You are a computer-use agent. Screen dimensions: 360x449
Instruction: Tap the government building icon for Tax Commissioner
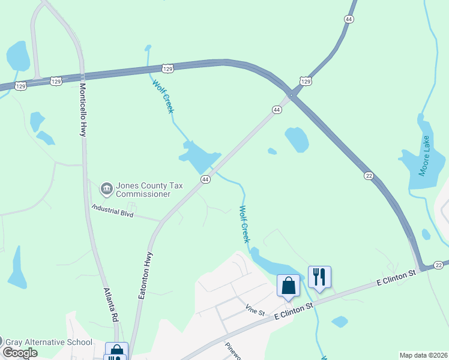[106, 189]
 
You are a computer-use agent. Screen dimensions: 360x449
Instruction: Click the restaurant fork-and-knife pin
[319, 277]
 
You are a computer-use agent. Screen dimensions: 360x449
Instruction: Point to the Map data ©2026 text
[423, 355]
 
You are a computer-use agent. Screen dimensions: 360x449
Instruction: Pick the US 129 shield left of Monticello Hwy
[21, 86]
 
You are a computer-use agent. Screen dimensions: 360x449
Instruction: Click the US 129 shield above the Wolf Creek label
[168, 70]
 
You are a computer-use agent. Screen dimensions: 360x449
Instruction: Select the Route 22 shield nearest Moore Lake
[369, 176]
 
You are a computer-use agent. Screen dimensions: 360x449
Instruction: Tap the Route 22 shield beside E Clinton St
[439, 265]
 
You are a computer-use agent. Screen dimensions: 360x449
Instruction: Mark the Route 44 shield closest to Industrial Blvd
[205, 179]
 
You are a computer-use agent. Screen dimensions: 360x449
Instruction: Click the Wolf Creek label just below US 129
[163, 97]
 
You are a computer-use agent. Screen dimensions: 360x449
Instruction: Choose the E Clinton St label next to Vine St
[294, 311]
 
